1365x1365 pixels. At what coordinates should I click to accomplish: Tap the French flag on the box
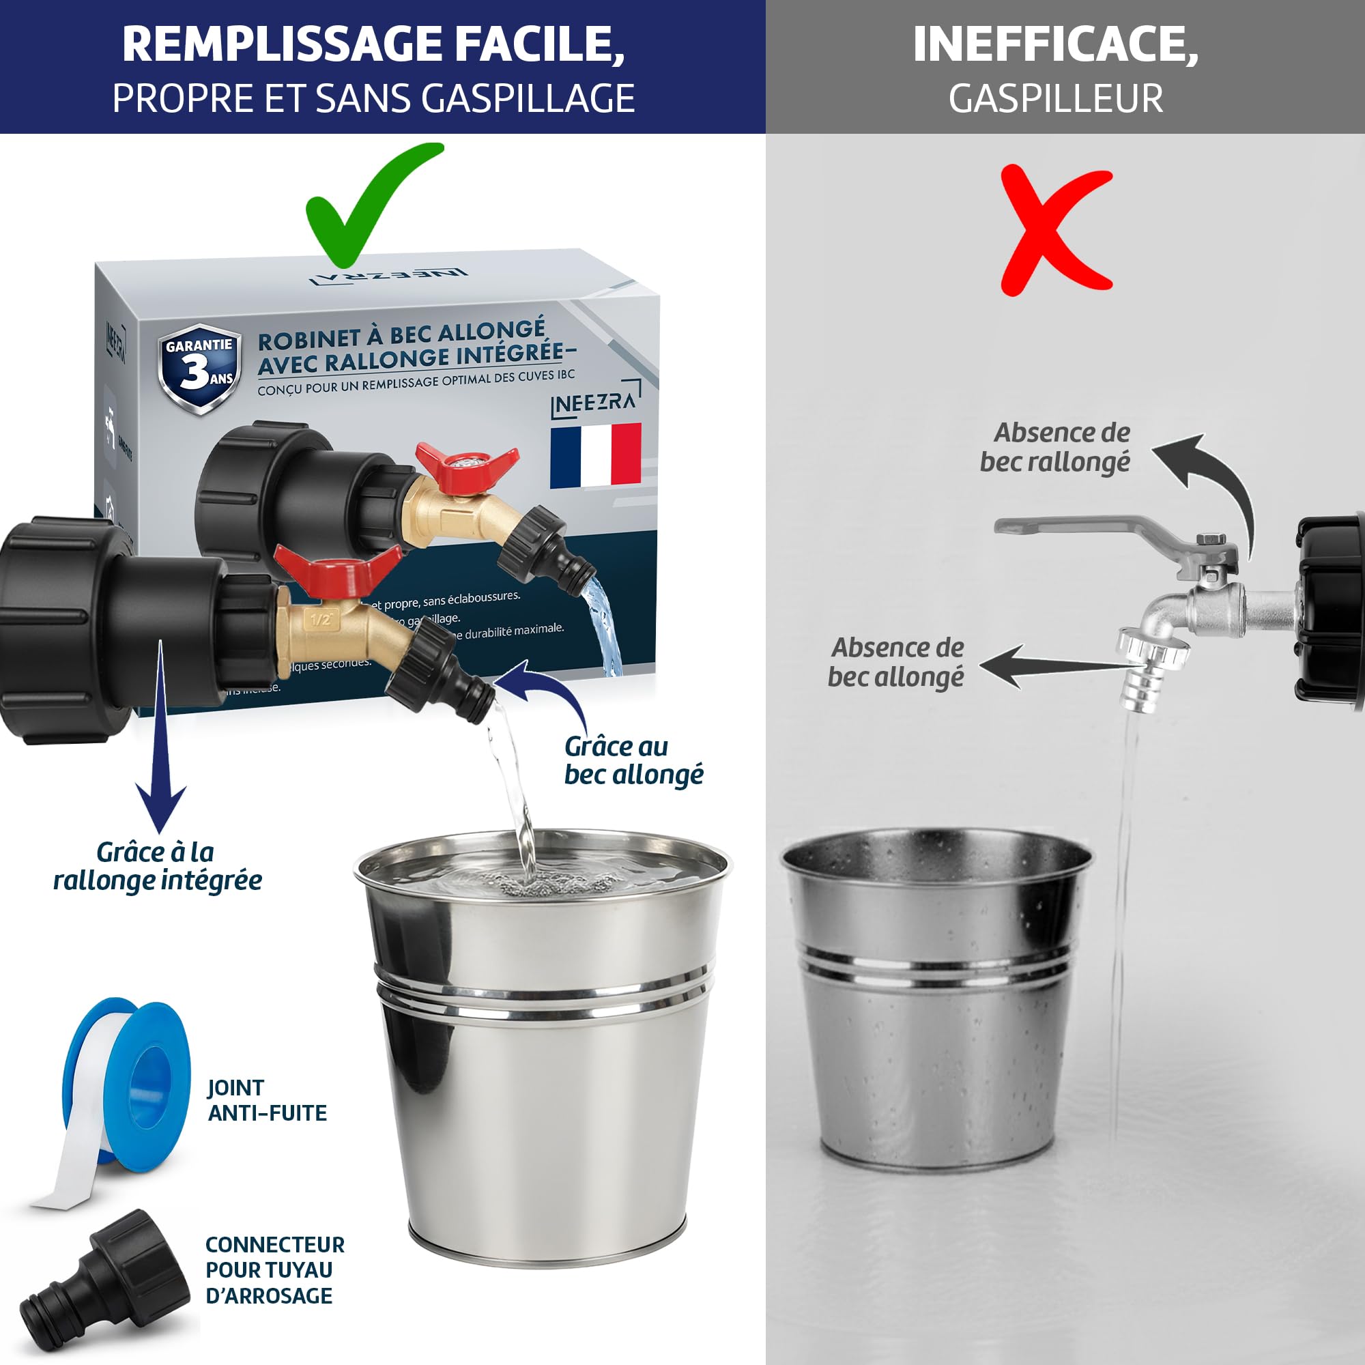click(x=596, y=456)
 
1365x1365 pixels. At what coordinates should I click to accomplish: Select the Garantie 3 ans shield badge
click(x=200, y=367)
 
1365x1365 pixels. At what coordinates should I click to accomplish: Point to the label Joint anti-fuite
click(x=266, y=1100)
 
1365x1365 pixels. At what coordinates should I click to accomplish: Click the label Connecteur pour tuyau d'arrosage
click(x=274, y=1269)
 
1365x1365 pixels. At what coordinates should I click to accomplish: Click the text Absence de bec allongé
click(x=896, y=662)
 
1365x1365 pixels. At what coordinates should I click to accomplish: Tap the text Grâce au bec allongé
click(x=633, y=761)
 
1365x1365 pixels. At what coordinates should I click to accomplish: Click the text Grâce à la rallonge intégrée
click(x=158, y=866)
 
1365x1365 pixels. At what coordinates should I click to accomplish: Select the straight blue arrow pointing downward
click(x=161, y=742)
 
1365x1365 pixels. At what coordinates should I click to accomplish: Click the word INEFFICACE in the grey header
click(x=1055, y=44)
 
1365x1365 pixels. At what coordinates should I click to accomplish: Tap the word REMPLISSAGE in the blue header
click(x=283, y=44)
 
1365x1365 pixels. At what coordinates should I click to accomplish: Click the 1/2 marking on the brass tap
click(x=321, y=620)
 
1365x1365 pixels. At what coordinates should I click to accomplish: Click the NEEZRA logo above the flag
click(x=594, y=403)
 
